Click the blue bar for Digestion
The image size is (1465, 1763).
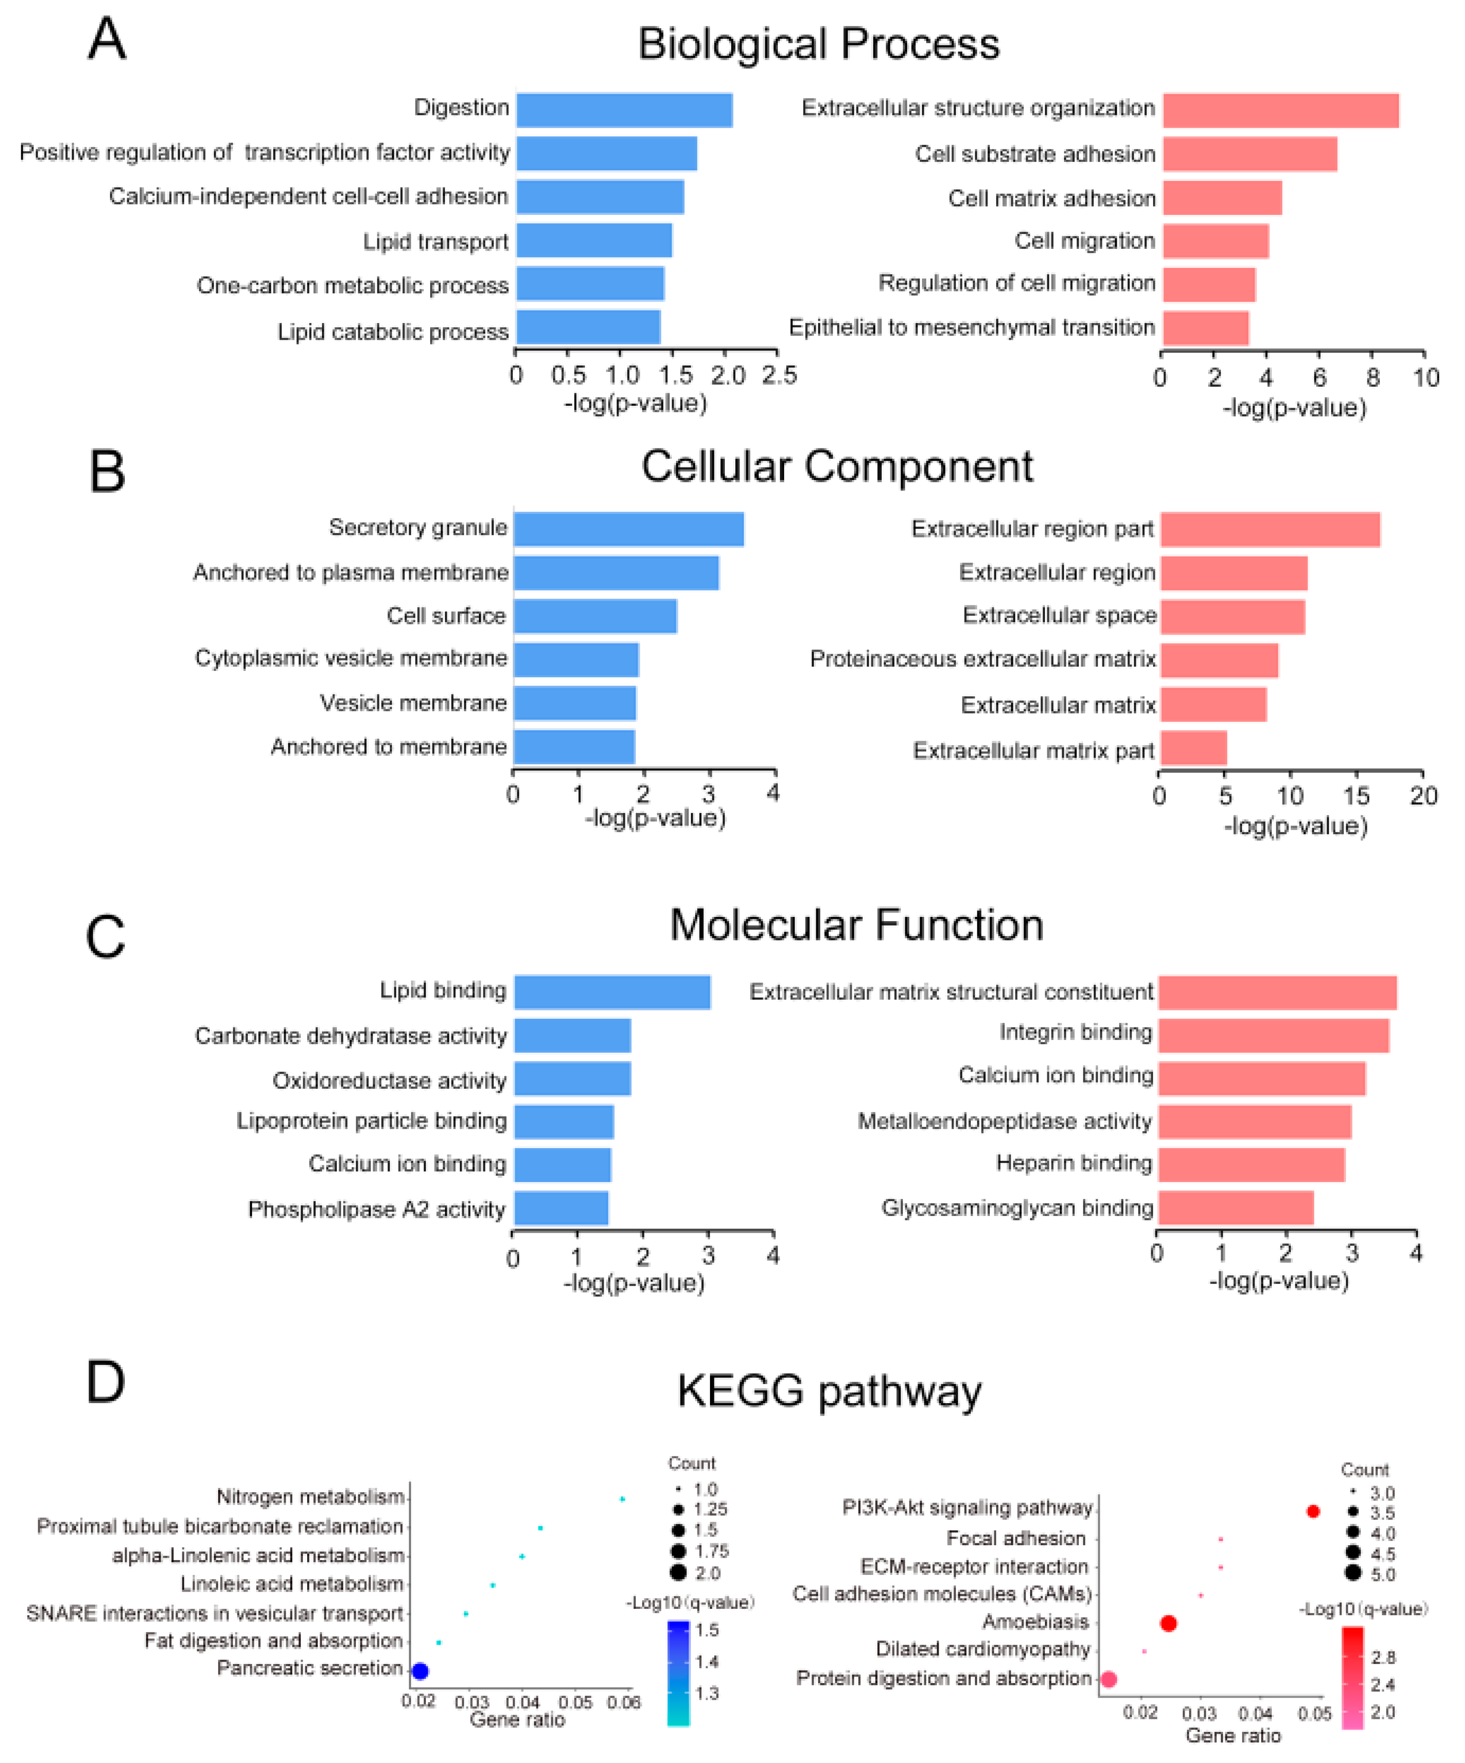[624, 110]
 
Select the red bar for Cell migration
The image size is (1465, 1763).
[1215, 241]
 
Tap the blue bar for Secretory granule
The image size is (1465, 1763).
[628, 529]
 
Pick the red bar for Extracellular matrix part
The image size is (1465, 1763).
[1193, 748]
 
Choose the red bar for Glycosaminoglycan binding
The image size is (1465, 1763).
[1235, 1207]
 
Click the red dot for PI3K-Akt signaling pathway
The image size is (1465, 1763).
[1313, 1511]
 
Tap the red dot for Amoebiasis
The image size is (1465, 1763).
[1168, 1623]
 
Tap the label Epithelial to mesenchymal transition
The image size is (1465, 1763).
[971, 327]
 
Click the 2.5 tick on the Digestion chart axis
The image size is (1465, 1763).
[779, 375]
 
